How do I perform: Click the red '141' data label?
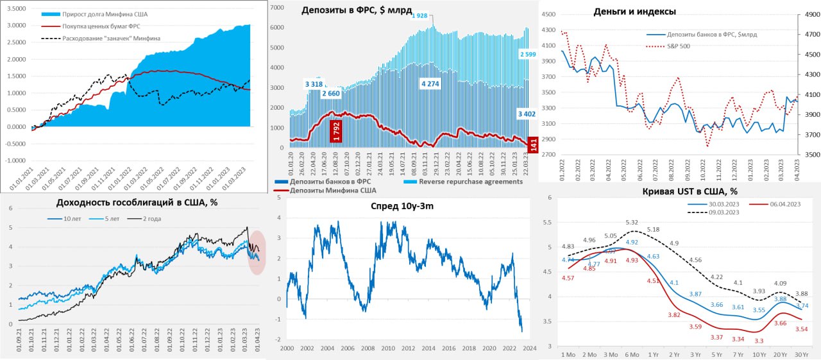pyautogui.click(x=531, y=147)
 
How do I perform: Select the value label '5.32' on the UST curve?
pyautogui.click(x=631, y=222)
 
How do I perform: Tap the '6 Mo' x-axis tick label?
pyautogui.click(x=632, y=355)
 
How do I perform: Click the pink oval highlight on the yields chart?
pyautogui.click(x=257, y=252)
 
